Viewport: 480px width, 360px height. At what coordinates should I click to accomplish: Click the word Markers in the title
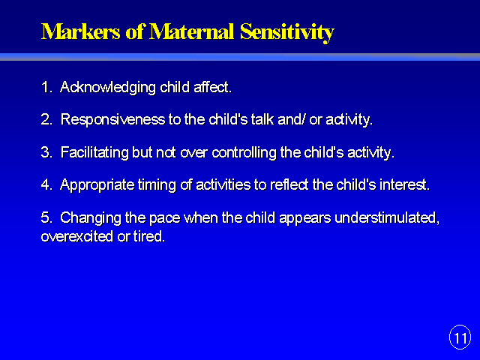tap(81, 31)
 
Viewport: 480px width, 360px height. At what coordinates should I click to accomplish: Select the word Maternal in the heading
tap(192, 31)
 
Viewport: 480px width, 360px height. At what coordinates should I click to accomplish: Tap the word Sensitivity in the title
tap(286, 33)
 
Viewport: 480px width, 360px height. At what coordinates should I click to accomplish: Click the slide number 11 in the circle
tap(460, 337)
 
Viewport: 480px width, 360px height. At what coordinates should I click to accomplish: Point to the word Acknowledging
tap(108, 88)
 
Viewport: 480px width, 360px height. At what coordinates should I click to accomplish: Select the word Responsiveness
tap(113, 120)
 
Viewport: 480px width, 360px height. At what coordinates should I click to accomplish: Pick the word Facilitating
tap(94, 152)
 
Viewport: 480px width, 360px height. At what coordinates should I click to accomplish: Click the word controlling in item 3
tap(244, 152)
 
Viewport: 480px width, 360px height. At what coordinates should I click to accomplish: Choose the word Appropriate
tap(97, 185)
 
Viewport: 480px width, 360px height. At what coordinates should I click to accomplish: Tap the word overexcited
tap(77, 236)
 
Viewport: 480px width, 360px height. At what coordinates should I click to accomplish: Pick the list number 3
tap(46, 152)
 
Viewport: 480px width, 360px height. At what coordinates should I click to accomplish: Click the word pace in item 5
tap(165, 219)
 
